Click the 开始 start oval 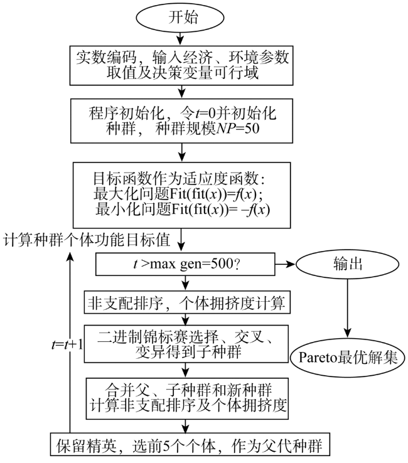click(x=180, y=17)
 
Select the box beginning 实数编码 click(x=181, y=65)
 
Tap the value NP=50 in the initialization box click(x=238, y=129)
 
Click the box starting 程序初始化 click(x=181, y=121)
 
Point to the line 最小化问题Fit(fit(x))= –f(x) click(x=183, y=210)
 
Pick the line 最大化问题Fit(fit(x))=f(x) click(x=178, y=194)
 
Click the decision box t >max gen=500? click(x=185, y=264)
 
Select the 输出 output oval click(x=348, y=264)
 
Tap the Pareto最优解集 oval click(x=348, y=358)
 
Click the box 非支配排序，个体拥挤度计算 click(x=187, y=302)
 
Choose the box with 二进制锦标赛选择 click(x=186, y=344)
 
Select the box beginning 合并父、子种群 click(x=187, y=398)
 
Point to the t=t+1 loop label click(x=67, y=344)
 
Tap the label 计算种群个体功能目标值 click(x=87, y=240)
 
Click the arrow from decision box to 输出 click(x=286, y=264)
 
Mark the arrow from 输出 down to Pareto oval click(x=348, y=309)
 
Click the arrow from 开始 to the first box click(x=180, y=39)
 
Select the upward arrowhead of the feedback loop click(x=70, y=257)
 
